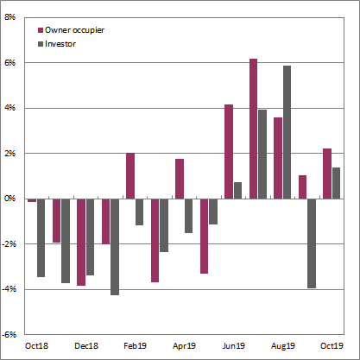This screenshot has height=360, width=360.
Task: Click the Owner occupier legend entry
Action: [x=74, y=30]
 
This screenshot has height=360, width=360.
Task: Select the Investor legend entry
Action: [x=62, y=42]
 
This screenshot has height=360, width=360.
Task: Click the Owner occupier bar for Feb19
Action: [x=130, y=176]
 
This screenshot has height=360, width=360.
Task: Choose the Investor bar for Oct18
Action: [x=41, y=237]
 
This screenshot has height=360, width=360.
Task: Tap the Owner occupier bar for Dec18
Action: [x=81, y=242]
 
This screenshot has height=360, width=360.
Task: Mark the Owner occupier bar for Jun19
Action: [x=229, y=151]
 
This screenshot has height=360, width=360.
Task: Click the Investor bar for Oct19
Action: [x=337, y=183]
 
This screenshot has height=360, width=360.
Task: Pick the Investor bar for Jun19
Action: [x=237, y=190]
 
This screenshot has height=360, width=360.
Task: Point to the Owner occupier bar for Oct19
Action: [x=327, y=174]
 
